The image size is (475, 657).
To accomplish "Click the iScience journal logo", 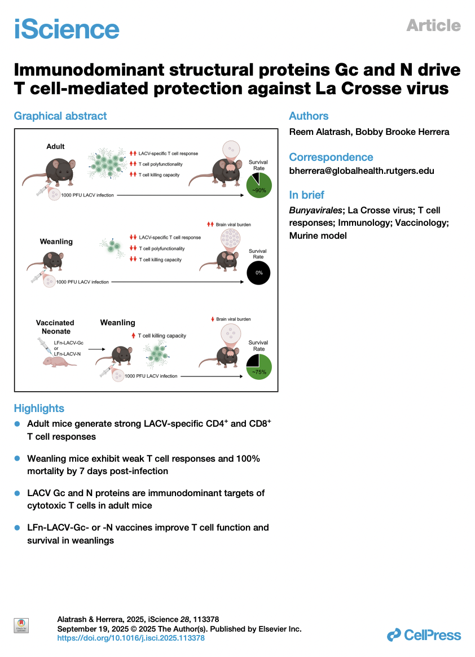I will coord(67,28).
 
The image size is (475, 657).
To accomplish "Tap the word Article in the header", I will coord(433,25).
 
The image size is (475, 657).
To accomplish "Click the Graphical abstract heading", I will coord(60,116).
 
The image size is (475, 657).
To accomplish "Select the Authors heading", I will coord(309,116).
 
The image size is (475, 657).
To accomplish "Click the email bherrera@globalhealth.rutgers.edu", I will coord(362,170).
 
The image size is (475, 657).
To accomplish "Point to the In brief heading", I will coord(306,195).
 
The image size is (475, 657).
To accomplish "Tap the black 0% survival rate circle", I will coord(259,273).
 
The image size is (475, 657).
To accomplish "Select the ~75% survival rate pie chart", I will coord(259,366).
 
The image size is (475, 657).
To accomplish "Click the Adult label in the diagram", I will coord(55,147).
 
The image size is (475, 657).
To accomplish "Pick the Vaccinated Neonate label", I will coord(55,327).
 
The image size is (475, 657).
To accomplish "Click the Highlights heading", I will coord(39,409).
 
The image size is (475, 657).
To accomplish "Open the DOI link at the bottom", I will coord(131,638).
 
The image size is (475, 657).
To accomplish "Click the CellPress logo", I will coord(424,636).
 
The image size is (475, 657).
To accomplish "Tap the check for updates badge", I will coord(21,625).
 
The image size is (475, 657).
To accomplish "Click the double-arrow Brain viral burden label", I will coord(229,225).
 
